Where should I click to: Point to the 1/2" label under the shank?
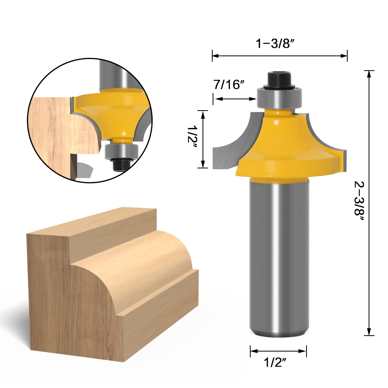click(x=275, y=363)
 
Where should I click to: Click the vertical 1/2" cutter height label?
click(x=192, y=137)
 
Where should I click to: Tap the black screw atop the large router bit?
click(x=279, y=80)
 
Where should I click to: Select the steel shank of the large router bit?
click(x=279, y=257)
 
